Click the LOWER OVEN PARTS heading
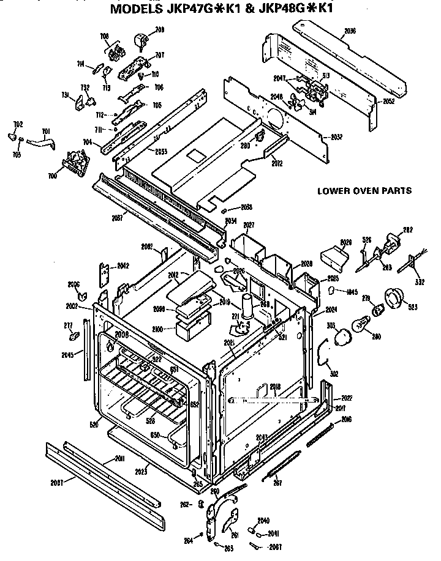click(x=364, y=190)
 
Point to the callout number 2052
click(x=388, y=101)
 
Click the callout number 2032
click(x=336, y=137)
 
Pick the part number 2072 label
click(x=277, y=163)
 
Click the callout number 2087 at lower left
click(x=58, y=481)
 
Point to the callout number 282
click(x=406, y=231)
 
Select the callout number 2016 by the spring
click(x=347, y=419)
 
